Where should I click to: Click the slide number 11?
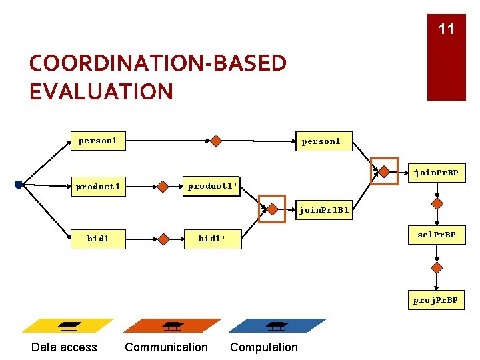tap(446, 29)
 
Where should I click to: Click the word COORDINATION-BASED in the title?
tap(158, 63)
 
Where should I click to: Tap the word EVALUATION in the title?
tap(101, 91)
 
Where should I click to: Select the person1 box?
tap(98, 141)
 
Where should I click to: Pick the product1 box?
tap(98, 187)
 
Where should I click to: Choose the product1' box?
tap(212, 186)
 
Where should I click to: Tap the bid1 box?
tap(98, 238)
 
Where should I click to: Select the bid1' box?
tap(212, 239)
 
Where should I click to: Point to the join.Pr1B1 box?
tap(323, 211)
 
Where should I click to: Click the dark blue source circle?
tap(19, 185)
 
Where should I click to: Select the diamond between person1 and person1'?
tap(216, 141)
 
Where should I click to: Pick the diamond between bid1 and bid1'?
tap(162, 238)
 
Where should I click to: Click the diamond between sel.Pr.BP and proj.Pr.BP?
tap(437, 267)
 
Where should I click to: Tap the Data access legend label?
tap(64, 347)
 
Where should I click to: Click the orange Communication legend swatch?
tap(172, 326)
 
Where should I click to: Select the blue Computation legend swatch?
tap(277, 326)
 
